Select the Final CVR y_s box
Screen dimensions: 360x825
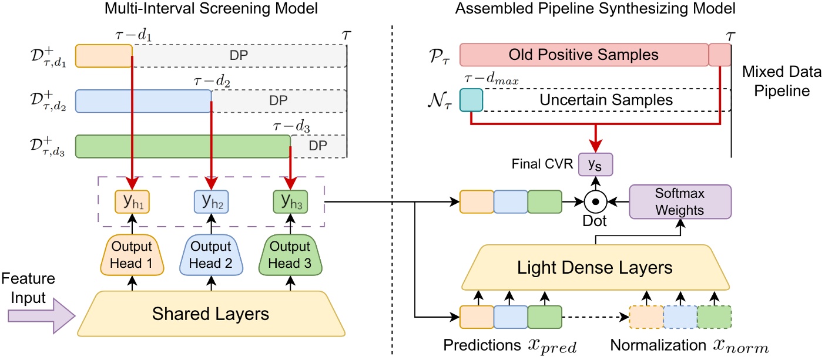coord(596,164)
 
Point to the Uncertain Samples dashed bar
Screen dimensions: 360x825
coord(605,100)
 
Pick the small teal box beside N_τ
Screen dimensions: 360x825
coord(471,100)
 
